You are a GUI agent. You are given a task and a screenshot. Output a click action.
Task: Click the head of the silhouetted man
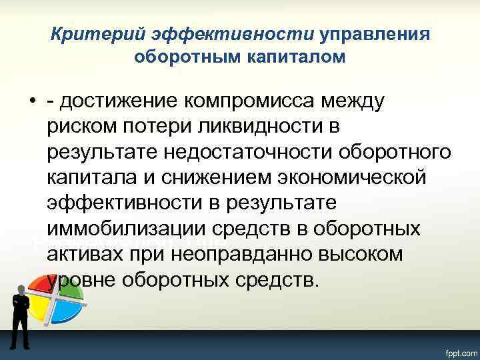[x=20, y=288]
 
